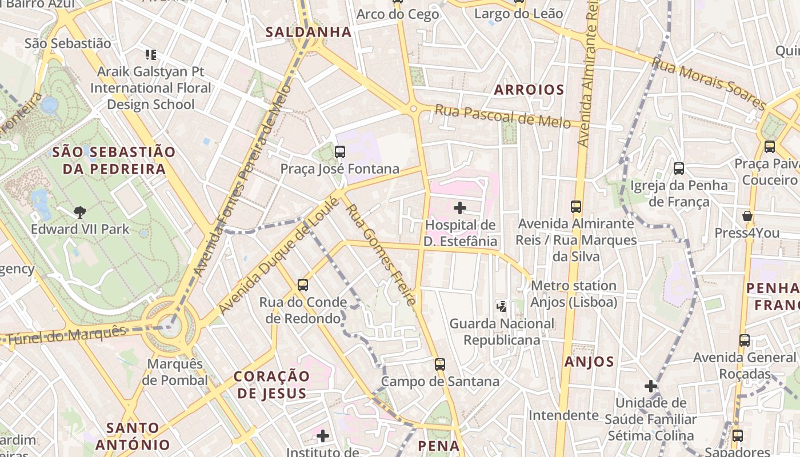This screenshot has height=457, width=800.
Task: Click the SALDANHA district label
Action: click(309, 32)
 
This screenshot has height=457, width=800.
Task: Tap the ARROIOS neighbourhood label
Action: click(529, 90)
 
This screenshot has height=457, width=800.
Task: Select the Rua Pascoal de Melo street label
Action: click(503, 116)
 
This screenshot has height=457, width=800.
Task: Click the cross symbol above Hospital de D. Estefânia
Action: click(460, 208)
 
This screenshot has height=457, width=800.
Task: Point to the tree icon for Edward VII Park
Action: click(80, 213)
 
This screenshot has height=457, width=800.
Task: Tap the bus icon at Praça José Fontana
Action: click(340, 152)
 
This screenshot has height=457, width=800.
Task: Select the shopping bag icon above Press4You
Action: click(747, 216)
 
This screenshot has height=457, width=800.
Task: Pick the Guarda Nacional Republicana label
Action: click(502, 332)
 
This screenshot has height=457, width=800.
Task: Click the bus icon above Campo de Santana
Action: click(439, 364)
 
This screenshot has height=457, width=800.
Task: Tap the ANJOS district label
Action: click(589, 362)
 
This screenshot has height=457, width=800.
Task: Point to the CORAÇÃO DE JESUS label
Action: click(272, 384)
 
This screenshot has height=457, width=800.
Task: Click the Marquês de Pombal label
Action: click(175, 372)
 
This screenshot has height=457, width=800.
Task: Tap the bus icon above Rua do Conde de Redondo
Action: click(303, 284)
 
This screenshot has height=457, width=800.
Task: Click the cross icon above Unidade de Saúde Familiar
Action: click(651, 386)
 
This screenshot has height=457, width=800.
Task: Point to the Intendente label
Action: click(563, 415)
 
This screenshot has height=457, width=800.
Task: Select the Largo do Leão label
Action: click(519, 14)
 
